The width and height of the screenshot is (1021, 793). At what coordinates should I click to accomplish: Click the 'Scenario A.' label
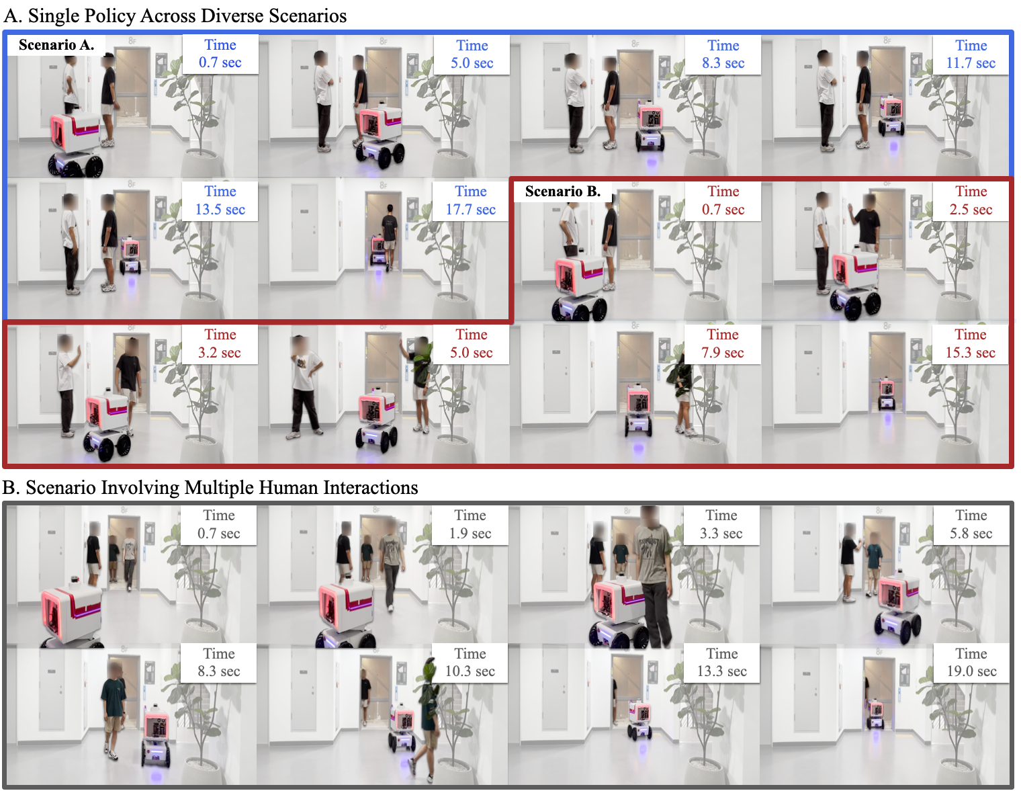pos(56,45)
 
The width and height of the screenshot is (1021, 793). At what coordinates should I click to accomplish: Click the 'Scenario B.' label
pos(563,192)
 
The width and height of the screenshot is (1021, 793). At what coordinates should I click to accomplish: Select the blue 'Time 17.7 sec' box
pos(471,201)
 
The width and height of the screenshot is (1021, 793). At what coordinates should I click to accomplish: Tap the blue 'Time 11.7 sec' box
pos(971,54)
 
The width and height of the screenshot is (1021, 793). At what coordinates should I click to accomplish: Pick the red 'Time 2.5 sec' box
pos(971,201)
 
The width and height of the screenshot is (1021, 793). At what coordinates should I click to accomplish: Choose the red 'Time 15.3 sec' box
pos(970,344)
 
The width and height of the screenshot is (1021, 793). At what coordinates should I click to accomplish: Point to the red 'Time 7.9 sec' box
pos(723,344)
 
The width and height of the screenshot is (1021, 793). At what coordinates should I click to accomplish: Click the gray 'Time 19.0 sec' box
pos(971,663)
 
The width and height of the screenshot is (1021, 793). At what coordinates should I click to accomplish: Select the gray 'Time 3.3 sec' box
pos(721,525)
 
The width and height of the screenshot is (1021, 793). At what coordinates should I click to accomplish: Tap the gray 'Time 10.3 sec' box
pos(470,663)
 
